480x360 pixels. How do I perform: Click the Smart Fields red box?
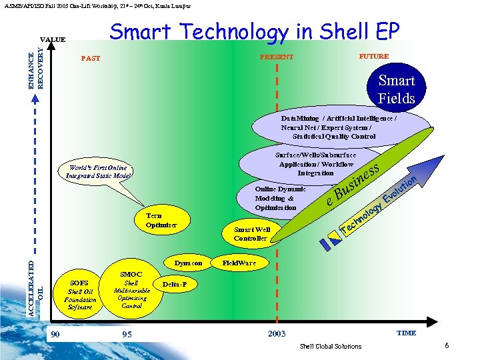[x=397, y=89]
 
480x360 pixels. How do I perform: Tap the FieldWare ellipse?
[x=239, y=263]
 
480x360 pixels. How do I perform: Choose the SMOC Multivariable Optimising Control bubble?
[x=131, y=290]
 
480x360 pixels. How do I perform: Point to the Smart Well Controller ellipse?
[x=251, y=233]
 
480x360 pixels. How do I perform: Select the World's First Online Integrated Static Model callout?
[x=97, y=171]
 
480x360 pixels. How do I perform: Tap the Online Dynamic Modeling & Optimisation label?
[x=280, y=198]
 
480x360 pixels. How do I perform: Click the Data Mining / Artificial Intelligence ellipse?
[x=339, y=127]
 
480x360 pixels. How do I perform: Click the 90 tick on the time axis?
[x=55, y=333]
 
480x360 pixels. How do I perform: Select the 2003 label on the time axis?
[x=276, y=333]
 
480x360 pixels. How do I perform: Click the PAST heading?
[x=90, y=58]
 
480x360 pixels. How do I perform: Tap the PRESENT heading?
[x=276, y=57]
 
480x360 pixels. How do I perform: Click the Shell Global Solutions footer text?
[x=331, y=346]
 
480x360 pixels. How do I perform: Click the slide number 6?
[x=446, y=345]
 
